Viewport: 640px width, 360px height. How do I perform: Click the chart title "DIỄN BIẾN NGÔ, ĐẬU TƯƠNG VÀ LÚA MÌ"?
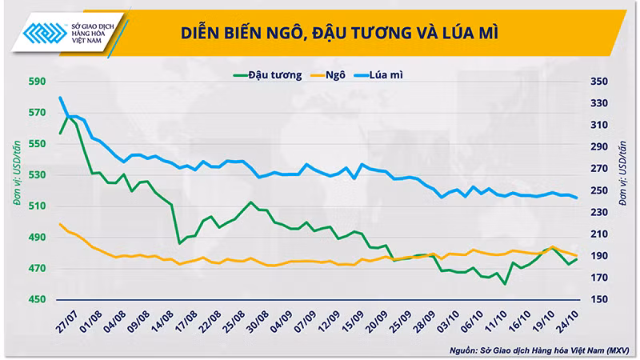coord(339,33)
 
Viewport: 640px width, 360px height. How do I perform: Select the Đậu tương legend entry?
coord(267,75)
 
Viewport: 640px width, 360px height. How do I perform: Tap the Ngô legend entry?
coord(328,75)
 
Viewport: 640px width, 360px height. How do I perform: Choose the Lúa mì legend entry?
coord(378,75)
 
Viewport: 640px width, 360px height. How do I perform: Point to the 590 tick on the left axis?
coord(37,82)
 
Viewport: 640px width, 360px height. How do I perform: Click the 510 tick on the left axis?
coord(37,206)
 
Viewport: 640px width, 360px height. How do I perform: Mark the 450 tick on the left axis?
coord(37,299)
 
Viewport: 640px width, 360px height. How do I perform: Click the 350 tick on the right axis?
coord(599,82)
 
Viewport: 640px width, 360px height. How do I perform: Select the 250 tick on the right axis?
coord(599,190)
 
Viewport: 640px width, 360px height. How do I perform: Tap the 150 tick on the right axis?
coord(599,299)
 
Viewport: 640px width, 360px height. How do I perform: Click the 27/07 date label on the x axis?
coord(67,322)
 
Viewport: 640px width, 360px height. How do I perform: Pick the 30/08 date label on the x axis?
coord(258,322)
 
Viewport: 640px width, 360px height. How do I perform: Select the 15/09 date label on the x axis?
coord(353,322)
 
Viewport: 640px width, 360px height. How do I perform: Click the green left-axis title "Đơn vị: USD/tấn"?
coord(16,173)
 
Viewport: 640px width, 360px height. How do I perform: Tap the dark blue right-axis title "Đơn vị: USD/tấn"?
coord(622,173)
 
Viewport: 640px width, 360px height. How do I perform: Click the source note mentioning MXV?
coord(539,350)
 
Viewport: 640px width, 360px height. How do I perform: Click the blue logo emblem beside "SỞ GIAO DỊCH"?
coord(45,33)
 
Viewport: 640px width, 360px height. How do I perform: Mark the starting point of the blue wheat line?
coord(61,98)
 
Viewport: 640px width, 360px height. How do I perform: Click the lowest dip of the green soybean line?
coord(505,284)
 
